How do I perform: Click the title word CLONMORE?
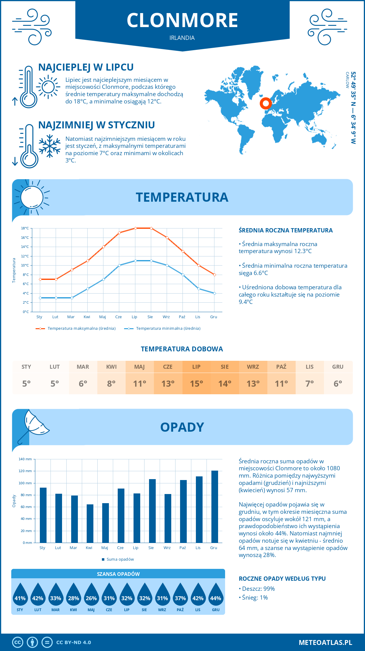pyautogui.click(x=182, y=20)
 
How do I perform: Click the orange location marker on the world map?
pyautogui.click(x=266, y=103)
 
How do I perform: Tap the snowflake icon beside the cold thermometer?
pyautogui.click(x=50, y=146)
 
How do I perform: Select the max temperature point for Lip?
pyautogui.click(x=135, y=228)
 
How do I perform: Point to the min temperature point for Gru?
pyautogui.click(x=214, y=293)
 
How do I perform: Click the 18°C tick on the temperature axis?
pyautogui.click(x=25, y=228)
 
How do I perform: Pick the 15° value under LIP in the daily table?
pyautogui.click(x=196, y=384)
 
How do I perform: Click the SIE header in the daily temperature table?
pyautogui.click(x=224, y=367)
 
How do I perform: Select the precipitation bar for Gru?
pyautogui.click(x=215, y=507)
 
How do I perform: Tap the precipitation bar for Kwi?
pyautogui.click(x=90, y=523)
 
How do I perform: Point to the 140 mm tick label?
pyautogui.click(x=25, y=459)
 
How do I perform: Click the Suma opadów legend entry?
pyautogui.click(x=120, y=559)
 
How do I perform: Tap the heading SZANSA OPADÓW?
pyautogui.click(x=118, y=574)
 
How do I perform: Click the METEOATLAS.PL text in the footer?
pyautogui.click(x=325, y=642)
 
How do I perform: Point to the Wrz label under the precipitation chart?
pyautogui.click(x=167, y=548)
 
